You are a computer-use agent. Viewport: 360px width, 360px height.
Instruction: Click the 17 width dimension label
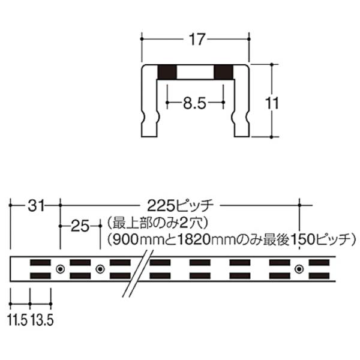click(x=196, y=39)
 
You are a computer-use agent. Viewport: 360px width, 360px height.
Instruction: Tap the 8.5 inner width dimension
click(x=194, y=103)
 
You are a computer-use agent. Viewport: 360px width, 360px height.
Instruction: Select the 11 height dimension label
click(x=272, y=103)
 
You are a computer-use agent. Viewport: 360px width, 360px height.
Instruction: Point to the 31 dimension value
click(x=35, y=206)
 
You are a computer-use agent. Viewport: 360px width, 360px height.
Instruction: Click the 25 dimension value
click(x=80, y=226)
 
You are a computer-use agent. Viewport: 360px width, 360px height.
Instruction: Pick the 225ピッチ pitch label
click(x=181, y=206)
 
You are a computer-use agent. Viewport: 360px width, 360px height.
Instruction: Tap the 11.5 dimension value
click(x=17, y=320)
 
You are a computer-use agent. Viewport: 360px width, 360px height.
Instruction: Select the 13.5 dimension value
click(x=42, y=320)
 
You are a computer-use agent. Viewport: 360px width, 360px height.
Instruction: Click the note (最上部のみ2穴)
click(x=157, y=224)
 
